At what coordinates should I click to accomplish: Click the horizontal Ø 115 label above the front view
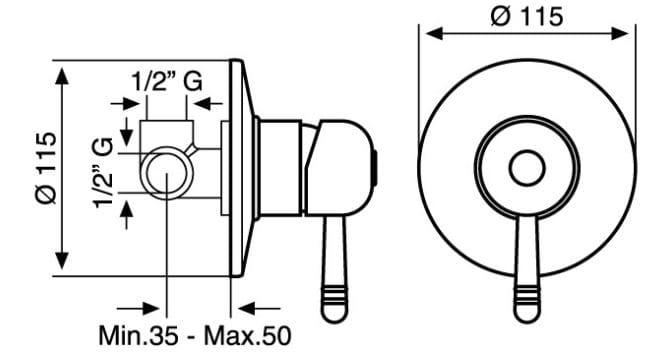pos(527,17)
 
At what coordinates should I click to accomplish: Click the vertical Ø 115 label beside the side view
pos(46,167)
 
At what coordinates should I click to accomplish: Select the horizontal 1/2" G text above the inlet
pos(167,81)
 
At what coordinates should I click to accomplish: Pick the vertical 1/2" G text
pos(103,172)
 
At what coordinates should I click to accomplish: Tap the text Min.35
pos(139,335)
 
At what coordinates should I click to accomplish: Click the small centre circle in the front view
pos(527,168)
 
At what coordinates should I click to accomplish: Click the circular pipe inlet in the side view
pos(167,173)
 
